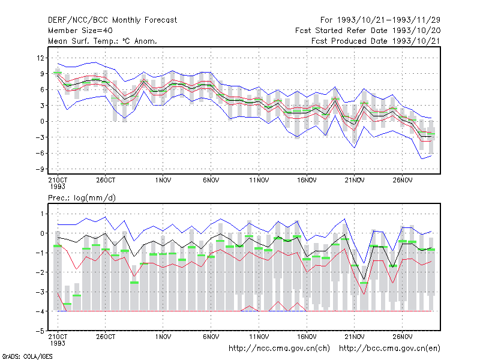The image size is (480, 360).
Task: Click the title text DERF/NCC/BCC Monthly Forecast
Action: click(112, 20)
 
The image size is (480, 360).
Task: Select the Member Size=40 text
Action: click(80, 31)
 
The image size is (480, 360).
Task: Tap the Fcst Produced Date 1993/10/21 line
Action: click(376, 41)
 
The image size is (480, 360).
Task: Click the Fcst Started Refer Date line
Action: click(368, 31)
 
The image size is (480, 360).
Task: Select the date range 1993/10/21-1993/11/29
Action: click(389, 20)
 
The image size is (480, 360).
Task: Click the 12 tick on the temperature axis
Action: click(40, 58)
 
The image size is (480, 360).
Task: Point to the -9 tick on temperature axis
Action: click(40, 169)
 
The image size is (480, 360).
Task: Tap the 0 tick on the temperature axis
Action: click(42, 122)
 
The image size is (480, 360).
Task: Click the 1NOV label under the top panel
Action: click(163, 181)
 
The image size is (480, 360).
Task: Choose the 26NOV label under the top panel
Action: click(402, 181)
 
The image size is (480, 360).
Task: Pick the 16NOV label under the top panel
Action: click(307, 181)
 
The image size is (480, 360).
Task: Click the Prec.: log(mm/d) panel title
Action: click(82, 198)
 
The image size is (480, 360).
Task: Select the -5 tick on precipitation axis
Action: click(40, 331)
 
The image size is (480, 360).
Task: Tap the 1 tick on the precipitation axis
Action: click(42, 214)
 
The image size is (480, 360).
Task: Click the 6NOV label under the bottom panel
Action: click(211, 337)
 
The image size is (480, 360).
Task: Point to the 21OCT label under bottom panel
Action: click(58, 337)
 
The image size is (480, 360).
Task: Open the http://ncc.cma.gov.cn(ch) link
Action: click(279, 349)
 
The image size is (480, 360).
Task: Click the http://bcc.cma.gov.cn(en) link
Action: click(389, 349)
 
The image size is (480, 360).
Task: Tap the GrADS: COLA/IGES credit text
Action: click(27, 356)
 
